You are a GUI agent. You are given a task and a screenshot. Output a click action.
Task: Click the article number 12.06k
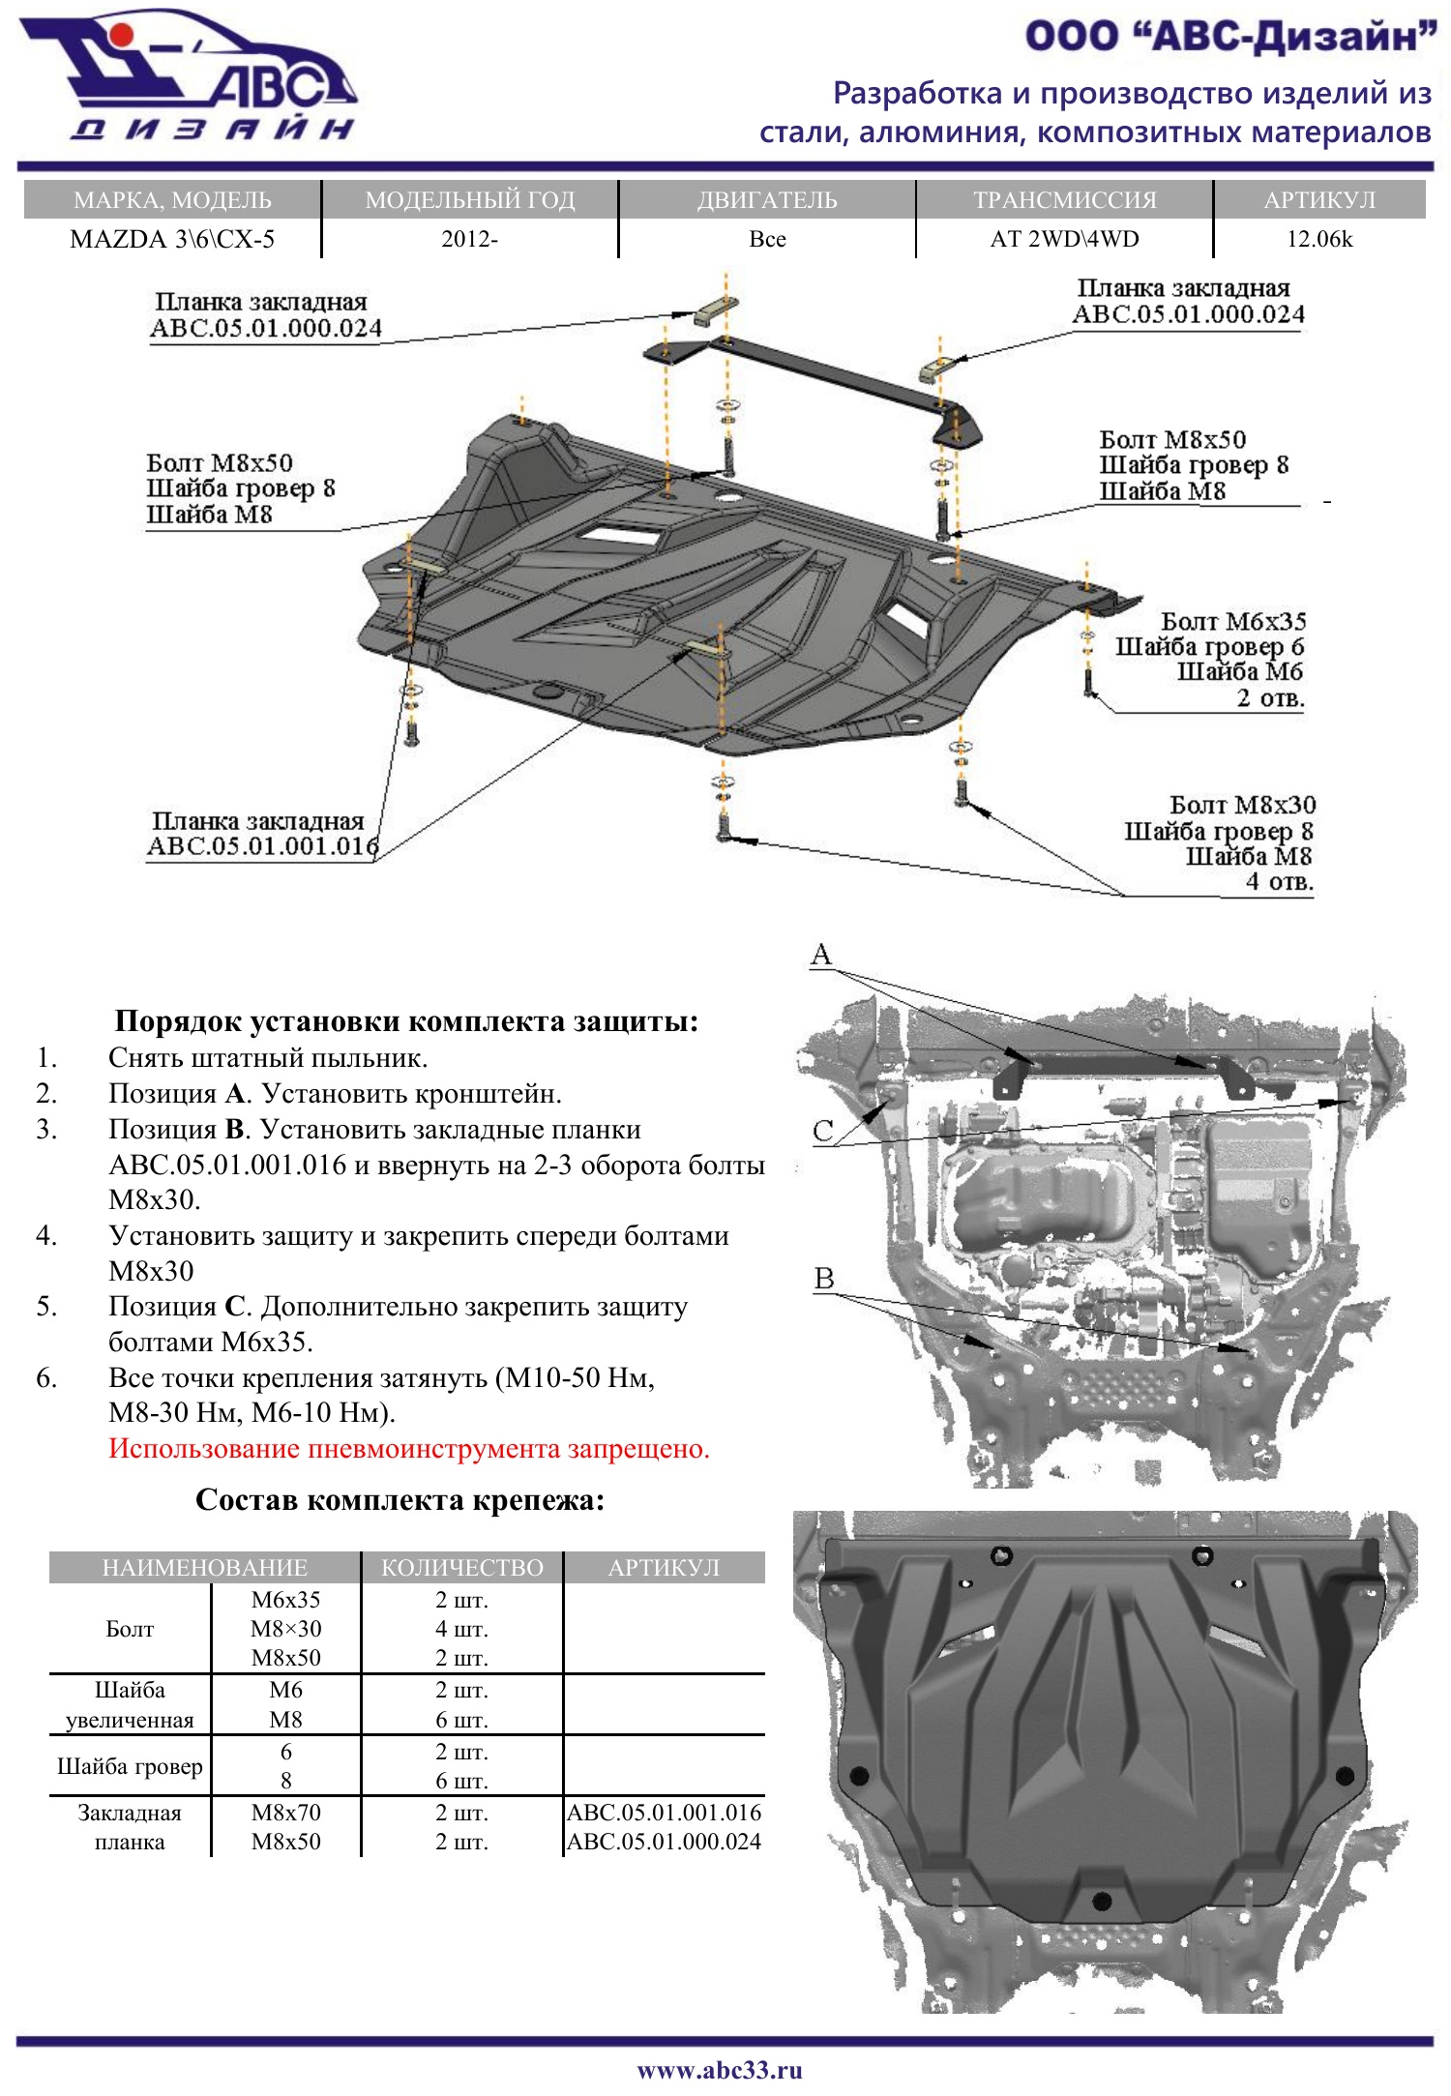coord(1318,239)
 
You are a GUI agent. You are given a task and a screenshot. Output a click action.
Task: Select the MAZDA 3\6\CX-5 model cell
coord(172,239)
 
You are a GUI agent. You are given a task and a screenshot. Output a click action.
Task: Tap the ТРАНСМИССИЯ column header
coord(1064,200)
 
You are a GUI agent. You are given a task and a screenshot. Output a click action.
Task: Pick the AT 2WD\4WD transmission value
coord(1064,239)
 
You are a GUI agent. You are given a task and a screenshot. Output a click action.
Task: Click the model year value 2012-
coord(469,239)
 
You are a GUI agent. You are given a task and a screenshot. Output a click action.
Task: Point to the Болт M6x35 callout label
coord(1232,621)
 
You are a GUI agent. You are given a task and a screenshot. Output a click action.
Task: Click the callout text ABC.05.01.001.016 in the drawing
coord(262,846)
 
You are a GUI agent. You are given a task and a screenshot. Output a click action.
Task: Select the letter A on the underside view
coord(821,955)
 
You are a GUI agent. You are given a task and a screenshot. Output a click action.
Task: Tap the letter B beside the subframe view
coord(824,1279)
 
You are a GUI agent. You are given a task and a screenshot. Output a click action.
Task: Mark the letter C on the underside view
coord(823,1131)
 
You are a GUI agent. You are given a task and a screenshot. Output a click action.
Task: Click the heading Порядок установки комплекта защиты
coord(406,1021)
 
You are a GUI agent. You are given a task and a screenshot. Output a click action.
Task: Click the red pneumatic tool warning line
coord(409,1449)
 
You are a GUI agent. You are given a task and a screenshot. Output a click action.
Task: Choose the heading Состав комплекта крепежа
coord(400,1500)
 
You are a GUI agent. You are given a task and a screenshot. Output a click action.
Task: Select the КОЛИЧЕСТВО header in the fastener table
coord(462,1567)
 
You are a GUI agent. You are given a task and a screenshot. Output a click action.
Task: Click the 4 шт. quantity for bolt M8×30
coord(461,1629)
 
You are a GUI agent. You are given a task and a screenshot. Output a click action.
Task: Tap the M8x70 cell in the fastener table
coord(285,1813)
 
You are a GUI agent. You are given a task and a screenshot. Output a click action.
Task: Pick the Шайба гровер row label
coord(130,1766)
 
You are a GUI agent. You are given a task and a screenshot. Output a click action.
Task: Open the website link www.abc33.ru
coord(720,2070)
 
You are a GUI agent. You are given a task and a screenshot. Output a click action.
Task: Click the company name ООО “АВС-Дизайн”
coord(1229,37)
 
